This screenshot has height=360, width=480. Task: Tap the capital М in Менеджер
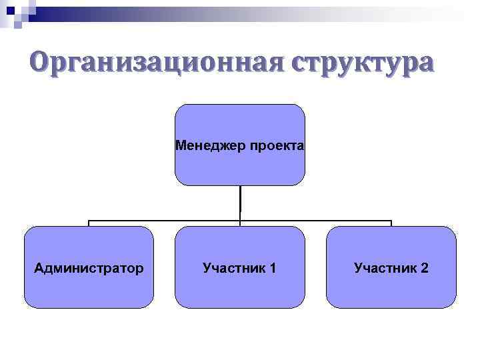point(180,145)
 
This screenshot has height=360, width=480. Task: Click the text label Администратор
point(89,268)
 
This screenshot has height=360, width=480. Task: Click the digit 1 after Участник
point(273,268)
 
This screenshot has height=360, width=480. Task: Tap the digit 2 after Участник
point(425,268)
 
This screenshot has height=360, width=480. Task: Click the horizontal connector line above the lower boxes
point(167,220)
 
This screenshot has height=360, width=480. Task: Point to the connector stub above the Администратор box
point(89,223)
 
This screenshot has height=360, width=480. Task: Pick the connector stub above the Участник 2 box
point(391,223)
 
